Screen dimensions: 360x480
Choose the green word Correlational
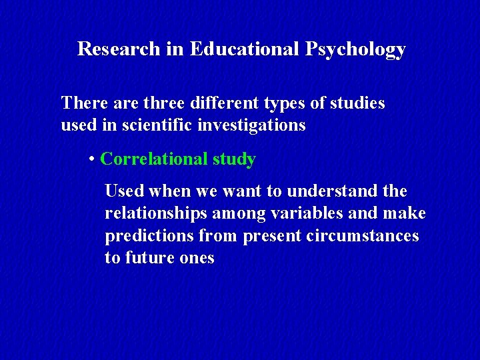pos(153,159)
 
